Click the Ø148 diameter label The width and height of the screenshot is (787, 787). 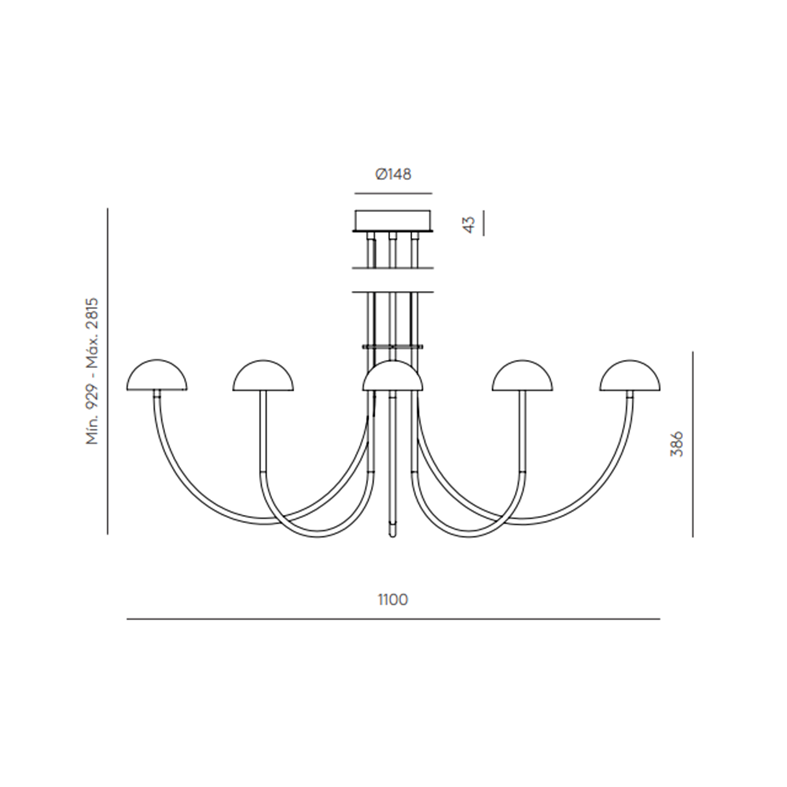393,175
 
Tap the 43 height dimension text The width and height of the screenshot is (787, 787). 470,224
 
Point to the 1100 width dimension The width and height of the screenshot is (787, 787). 393,600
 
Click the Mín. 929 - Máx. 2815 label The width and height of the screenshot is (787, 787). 92,371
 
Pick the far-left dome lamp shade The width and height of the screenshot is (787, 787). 157,375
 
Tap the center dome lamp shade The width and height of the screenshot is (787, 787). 393,375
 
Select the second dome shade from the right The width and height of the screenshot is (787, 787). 523,375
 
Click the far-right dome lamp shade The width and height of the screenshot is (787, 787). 630,375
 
